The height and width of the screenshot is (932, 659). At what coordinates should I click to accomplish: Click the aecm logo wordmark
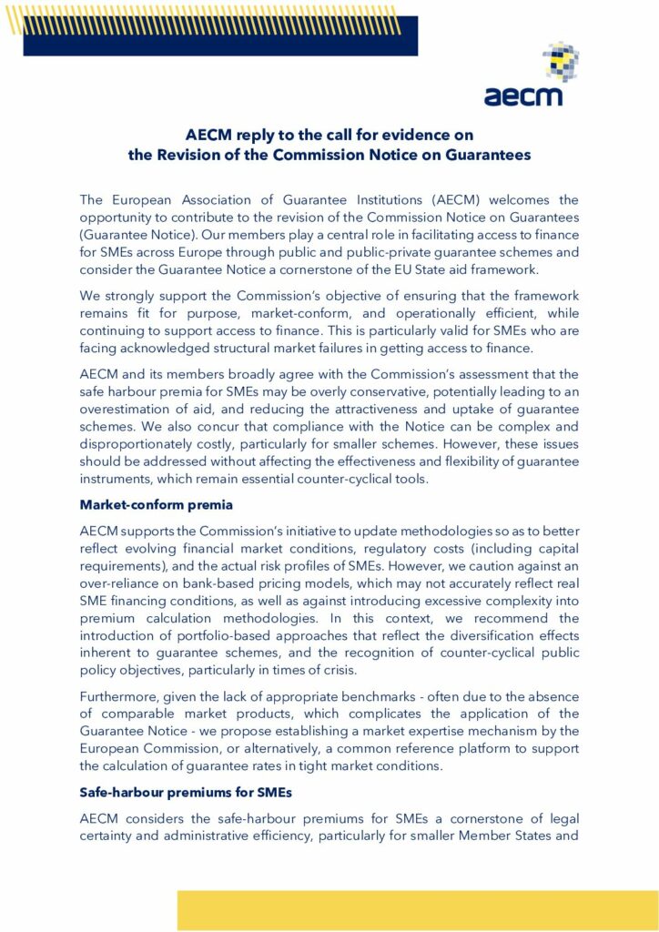(x=522, y=94)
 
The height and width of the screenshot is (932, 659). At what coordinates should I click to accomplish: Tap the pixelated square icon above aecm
(x=561, y=60)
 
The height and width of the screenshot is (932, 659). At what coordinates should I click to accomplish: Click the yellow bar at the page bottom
(x=418, y=909)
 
